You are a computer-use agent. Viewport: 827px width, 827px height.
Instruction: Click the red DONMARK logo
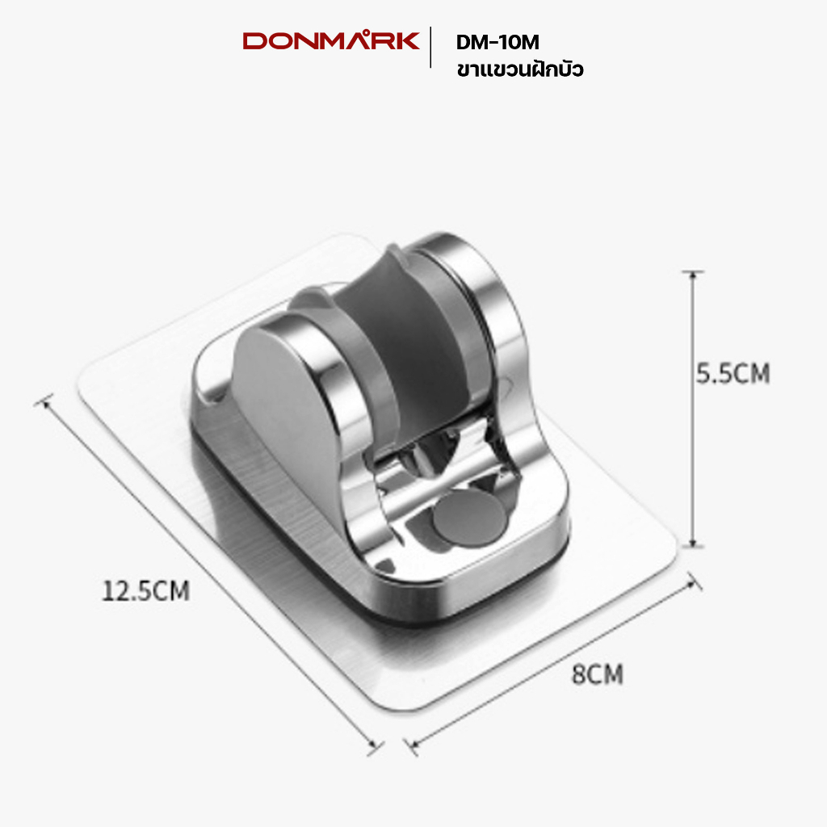(x=330, y=41)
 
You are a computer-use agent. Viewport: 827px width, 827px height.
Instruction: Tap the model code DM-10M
(x=497, y=43)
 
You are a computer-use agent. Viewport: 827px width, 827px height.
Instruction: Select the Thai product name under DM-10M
(x=520, y=69)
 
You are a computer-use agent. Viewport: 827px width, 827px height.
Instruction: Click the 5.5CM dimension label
(x=733, y=373)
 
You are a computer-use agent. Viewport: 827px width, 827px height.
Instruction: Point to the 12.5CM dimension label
(x=145, y=590)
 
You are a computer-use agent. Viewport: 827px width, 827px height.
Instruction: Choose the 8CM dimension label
(x=598, y=674)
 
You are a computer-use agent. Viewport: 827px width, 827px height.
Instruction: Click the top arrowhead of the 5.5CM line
(x=692, y=273)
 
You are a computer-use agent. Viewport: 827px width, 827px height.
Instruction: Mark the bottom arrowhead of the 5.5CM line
(x=692, y=545)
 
